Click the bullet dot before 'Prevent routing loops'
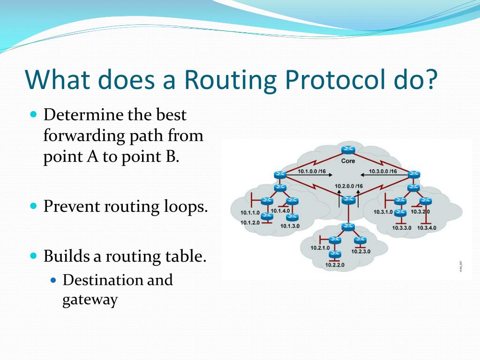pyautogui.click(x=33, y=206)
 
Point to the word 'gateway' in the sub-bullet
pyautogui.click(x=90, y=300)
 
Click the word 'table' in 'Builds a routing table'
pyautogui.click(x=186, y=256)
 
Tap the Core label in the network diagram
pyautogui.click(x=348, y=161)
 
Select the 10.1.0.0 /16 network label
pyautogui.click(x=312, y=172)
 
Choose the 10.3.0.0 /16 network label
pyautogui.click(x=382, y=172)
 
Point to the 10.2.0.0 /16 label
pyautogui.click(x=349, y=186)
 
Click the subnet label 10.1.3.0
pyautogui.click(x=290, y=226)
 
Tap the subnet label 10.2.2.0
pyautogui.click(x=335, y=265)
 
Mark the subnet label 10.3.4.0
pyautogui.click(x=427, y=228)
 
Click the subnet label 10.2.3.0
pyautogui.click(x=360, y=251)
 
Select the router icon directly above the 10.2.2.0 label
pyautogui.click(x=335, y=255)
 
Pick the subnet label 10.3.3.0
pyautogui.click(x=402, y=228)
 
